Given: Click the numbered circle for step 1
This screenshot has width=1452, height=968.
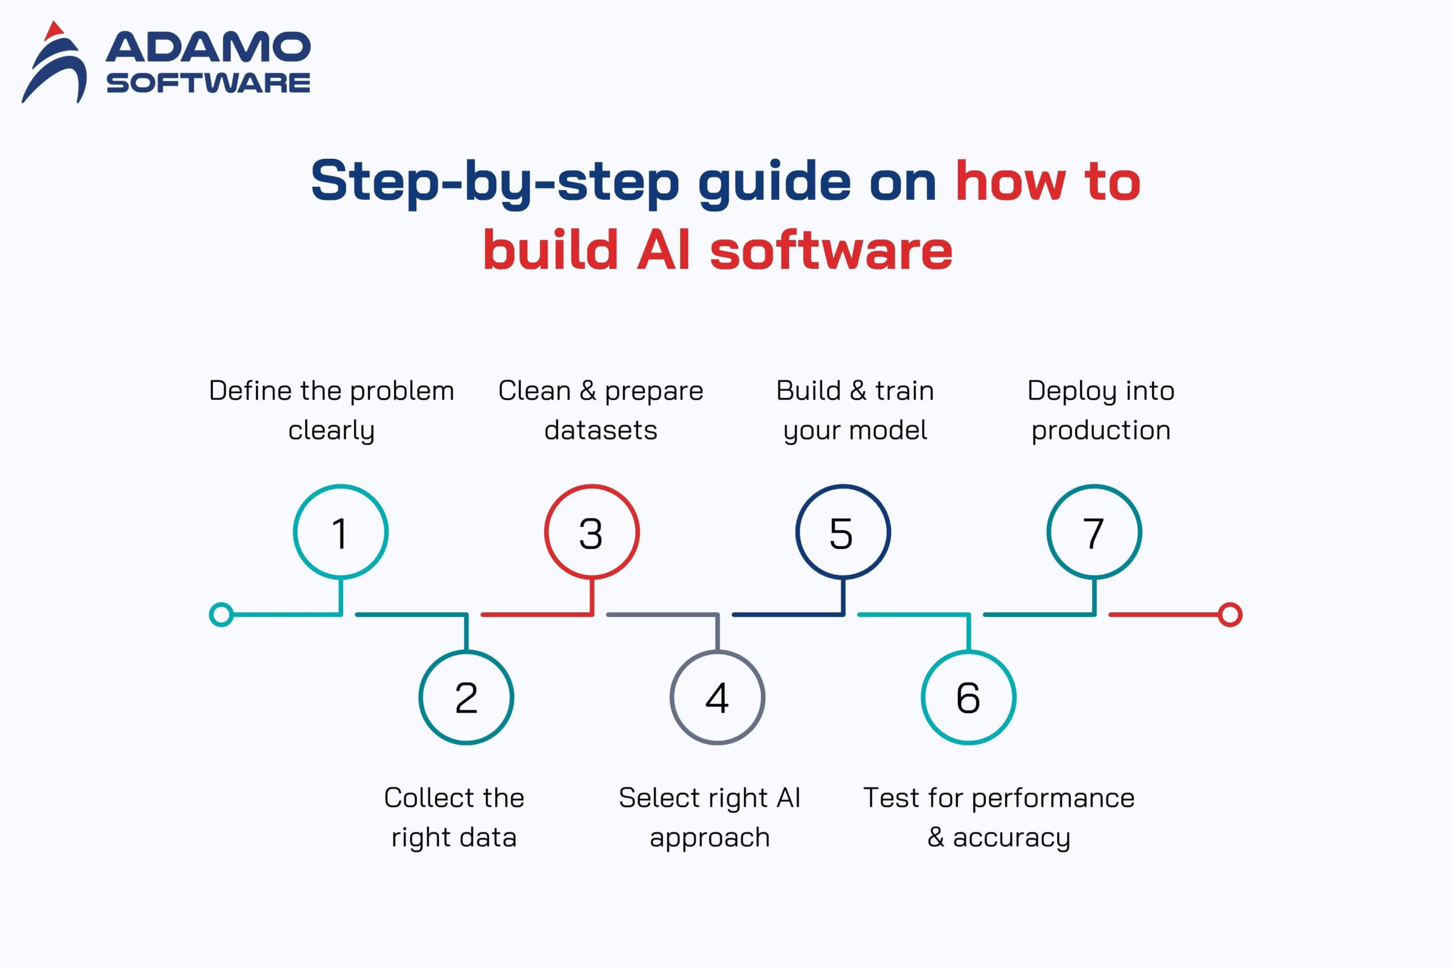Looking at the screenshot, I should pos(341,532).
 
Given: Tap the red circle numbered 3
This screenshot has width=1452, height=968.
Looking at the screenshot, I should pos(591,532).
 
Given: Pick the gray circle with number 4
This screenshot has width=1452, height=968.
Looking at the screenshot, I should pos(717,697).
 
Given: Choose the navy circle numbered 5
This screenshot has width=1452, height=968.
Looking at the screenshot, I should pos(842,532).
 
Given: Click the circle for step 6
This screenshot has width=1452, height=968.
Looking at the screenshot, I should pos(968,697).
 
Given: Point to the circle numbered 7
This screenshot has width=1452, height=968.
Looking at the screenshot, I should pos(1094,532).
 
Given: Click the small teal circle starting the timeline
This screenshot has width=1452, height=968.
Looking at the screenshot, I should pos(221,615).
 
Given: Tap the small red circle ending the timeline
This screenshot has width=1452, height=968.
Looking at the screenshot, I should pos(1230,615).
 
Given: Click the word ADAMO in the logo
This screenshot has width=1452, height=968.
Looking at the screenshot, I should pos(208,48).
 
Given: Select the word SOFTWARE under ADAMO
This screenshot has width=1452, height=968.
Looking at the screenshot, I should pos(208,83).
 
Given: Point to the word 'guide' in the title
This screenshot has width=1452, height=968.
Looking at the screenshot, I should pos(774,181).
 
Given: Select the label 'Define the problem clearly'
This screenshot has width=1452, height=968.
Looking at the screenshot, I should pos(331,410).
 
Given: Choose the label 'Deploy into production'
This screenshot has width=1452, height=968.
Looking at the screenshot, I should pos(1101,410).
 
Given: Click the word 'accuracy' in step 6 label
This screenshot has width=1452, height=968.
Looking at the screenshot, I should pos(1011,837).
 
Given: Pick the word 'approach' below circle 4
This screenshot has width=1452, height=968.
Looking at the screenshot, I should pos(710,837).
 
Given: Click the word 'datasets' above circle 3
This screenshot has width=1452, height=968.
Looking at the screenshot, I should pos(601,430).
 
